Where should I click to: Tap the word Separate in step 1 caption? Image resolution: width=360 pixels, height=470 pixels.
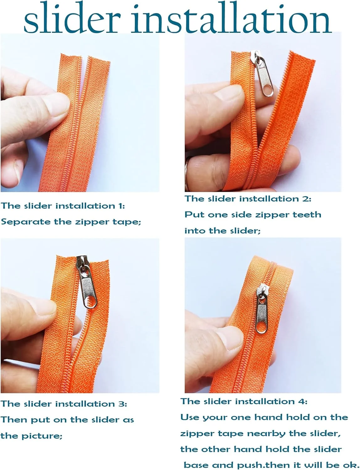point(26,222)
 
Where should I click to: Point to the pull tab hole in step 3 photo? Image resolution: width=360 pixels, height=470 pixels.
point(90,301)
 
